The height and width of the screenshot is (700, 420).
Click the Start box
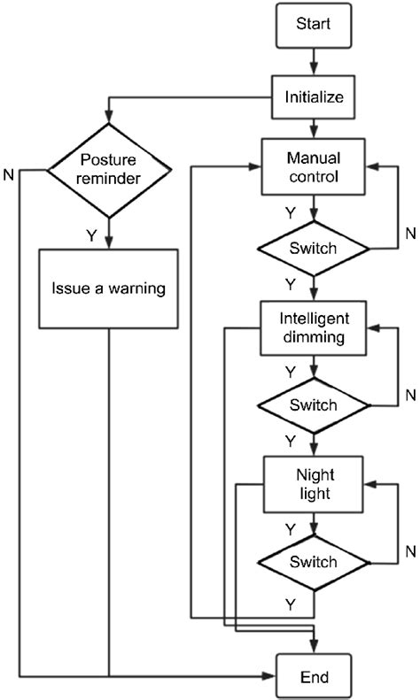coord(314,25)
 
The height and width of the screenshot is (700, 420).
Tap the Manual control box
coord(314,167)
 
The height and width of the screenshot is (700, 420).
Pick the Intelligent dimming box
coord(314,327)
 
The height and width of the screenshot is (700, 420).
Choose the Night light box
coord(314,484)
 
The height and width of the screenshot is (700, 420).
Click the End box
coord(314,677)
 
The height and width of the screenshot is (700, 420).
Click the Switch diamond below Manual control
coord(314,249)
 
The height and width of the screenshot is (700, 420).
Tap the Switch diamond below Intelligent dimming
coord(314,406)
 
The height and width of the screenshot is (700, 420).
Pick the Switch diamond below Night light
coord(314,562)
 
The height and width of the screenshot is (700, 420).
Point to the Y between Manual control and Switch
coord(291,212)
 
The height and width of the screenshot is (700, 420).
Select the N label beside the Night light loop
coord(409,550)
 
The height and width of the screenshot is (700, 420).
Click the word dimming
coord(314,336)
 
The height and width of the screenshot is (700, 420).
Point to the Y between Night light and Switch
coord(291,528)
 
